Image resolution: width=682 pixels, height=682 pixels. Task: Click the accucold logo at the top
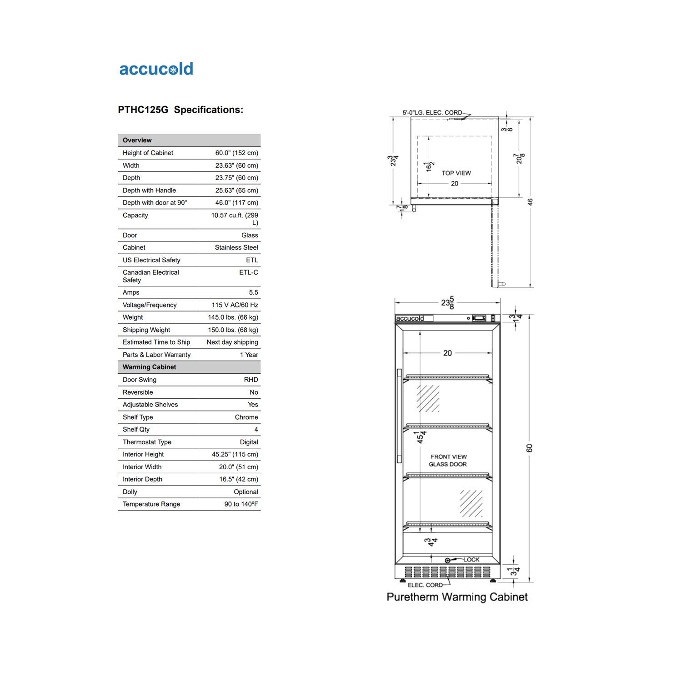(x=156, y=69)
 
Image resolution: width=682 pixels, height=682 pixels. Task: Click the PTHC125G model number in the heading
(x=143, y=110)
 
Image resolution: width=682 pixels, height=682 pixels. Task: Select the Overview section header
(x=137, y=140)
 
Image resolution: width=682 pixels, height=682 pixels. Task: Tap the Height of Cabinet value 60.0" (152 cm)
(x=236, y=153)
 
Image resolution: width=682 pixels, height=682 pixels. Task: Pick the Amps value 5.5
(x=253, y=293)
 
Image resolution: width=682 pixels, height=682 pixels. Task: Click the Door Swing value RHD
(x=251, y=380)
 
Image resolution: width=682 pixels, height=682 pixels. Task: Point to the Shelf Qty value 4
(x=256, y=430)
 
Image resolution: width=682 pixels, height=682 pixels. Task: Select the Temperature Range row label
(x=151, y=504)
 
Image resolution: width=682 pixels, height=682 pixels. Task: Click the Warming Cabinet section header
(x=149, y=367)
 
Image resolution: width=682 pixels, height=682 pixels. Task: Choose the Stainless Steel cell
(x=236, y=248)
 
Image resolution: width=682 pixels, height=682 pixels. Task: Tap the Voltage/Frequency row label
(x=150, y=305)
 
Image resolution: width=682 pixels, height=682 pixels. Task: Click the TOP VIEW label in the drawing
(x=456, y=173)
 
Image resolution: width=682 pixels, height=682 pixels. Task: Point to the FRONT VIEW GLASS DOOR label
(x=448, y=461)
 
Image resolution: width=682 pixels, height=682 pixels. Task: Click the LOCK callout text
(x=471, y=560)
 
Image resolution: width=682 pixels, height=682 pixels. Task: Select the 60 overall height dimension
(x=529, y=448)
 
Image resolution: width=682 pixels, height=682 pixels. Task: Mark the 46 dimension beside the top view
(x=530, y=202)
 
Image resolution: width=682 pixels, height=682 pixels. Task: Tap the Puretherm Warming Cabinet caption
(x=457, y=597)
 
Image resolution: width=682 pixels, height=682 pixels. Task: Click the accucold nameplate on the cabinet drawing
(x=410, y=318)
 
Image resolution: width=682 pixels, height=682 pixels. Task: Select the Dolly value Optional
(x=246, y=492)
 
